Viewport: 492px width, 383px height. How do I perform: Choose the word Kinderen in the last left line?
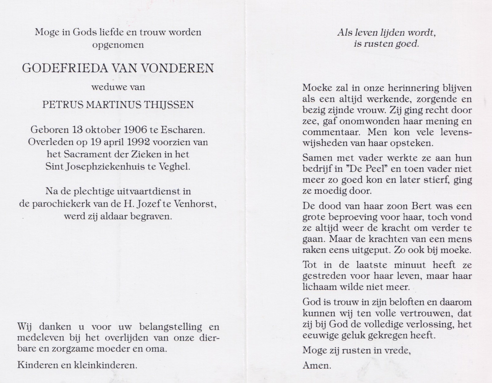pyautogui.click(x=34, y=365)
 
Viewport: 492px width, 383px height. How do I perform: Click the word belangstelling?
pyautogui.click(x=171, y=327)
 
